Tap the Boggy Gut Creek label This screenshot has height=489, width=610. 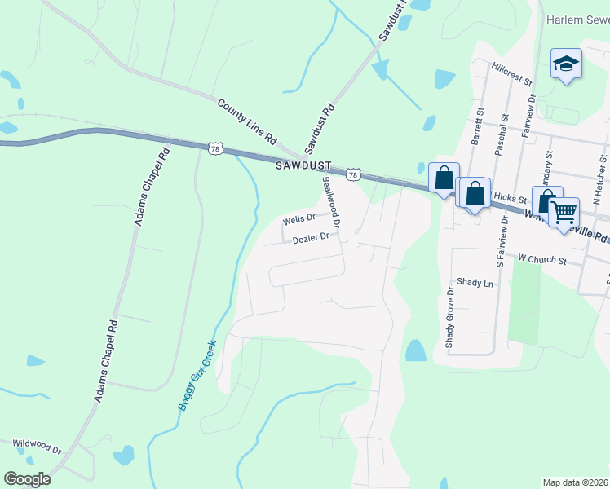click(x=197, y=375)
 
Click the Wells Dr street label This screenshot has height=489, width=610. click(x=298, y=220)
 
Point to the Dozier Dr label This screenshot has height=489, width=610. click(x=311, y=238)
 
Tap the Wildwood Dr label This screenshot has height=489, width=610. click(x=37, y=447)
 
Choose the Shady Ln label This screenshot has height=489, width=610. click(x=475, y=283)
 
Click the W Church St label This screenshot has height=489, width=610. click(x=542, y=259)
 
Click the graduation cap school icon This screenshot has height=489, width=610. click(x=566, y=64)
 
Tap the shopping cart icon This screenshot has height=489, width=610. click(x=564, y=213)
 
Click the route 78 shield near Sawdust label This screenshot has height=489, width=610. click(x=353, y=174)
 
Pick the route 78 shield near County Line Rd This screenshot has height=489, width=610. click(x=215, y=148)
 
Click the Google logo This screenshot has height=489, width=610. click(x=27, y=479)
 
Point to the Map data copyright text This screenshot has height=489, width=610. click(x=576, y=482)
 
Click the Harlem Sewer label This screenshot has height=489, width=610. click(x=577, y=19)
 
